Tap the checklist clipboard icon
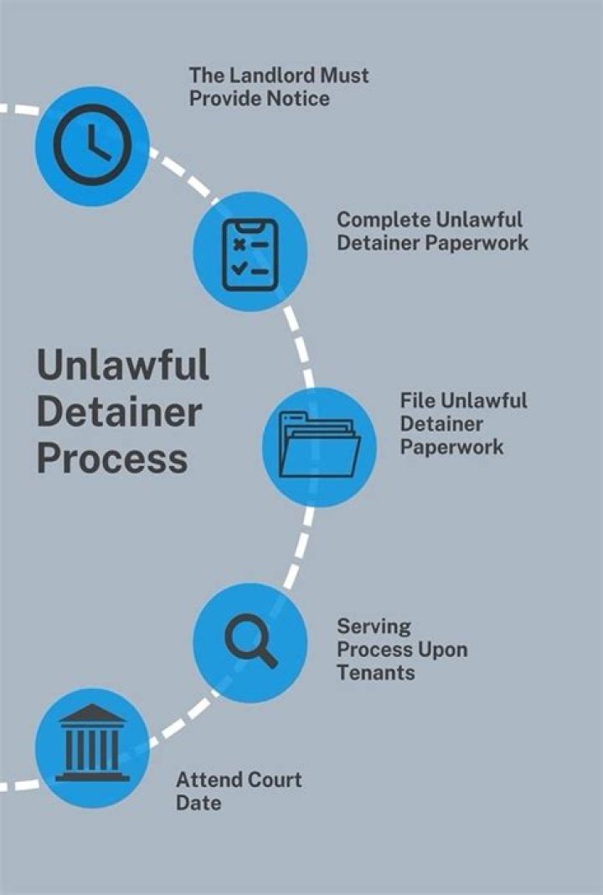250,254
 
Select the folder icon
319,444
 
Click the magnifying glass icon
250,643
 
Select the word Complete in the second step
383,220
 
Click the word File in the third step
415,400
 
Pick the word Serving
374,626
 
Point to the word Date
198,803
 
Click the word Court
272,780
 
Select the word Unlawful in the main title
122,366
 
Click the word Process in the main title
111,459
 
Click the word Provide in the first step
222,98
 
